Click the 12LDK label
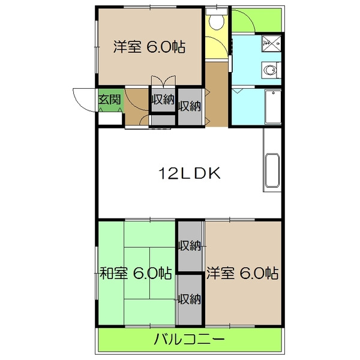click(x=190, y=174)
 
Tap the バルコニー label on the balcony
click(x=189, y=340)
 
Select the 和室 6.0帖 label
click(x=135, y=274)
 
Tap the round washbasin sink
click(x=271, y=71)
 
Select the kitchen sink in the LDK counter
click(x=272, y=171)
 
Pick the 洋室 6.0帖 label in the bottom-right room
click(x=242, y=274)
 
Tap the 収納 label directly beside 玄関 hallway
click(x=162, y=101)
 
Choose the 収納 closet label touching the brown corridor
click(x=190, y=107)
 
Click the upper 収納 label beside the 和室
click(x=190, y=245)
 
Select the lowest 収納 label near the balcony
click(x=190, y=299)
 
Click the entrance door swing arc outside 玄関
click(x=82, y=95)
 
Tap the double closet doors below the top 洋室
click(x=163, y=81)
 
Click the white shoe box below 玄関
click(x=110, y=118)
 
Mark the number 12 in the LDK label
click(x=167, y=174)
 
